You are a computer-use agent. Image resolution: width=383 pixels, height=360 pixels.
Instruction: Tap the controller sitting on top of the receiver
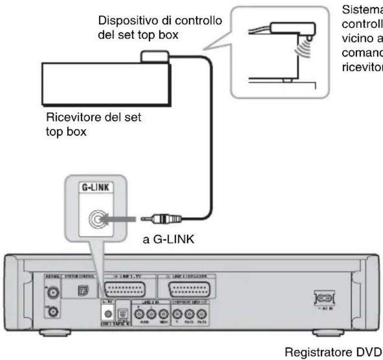(154, 56)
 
